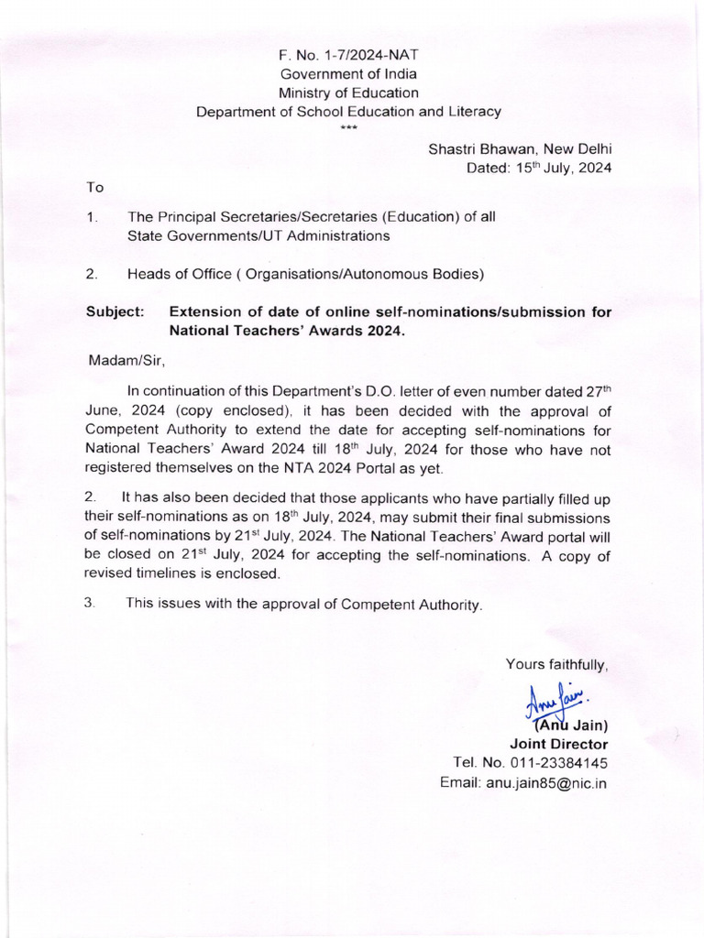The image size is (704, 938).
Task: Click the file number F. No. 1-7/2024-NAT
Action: [348, 56]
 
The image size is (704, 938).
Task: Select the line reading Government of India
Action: [348, 74]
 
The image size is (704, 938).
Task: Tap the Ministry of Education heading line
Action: [348, 93]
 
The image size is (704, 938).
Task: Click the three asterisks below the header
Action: [348, 127]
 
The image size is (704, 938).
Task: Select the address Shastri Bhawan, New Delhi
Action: [520, 148]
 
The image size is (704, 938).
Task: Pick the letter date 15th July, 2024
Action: [539, 168]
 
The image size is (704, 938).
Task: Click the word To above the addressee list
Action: [95, 187]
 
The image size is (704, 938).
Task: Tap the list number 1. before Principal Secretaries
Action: [92, 217]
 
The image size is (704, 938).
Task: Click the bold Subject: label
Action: [115, 312]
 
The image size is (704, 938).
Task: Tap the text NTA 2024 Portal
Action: [344, 469]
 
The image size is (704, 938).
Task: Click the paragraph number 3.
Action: [90, 605]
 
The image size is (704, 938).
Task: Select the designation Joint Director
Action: [558, 744]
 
